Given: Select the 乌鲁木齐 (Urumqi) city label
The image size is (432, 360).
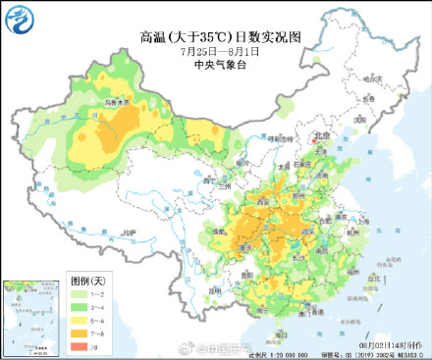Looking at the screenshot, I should [115, 102].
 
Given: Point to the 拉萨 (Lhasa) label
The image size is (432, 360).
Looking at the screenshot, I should [128, 231].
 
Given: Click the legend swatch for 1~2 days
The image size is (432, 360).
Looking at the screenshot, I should [74, 295].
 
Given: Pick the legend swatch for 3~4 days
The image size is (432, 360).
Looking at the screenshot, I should [74, 308].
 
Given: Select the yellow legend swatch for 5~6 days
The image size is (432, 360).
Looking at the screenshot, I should [74, 321].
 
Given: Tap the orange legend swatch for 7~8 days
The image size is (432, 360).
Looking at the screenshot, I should [74, 334].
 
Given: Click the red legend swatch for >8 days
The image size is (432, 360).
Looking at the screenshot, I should [74, 346].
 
